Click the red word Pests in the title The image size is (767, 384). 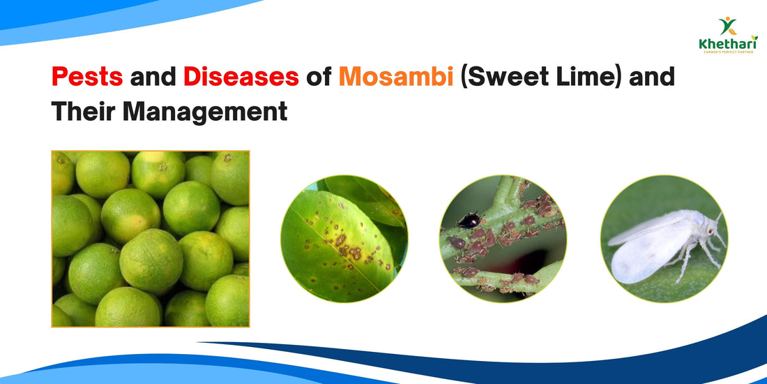tap(86, 76)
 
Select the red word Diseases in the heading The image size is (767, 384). tap(241, 76)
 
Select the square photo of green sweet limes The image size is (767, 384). tap(150, 239)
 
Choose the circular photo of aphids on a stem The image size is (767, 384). tap(503, 239)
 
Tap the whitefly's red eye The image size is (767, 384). tap(710, 228)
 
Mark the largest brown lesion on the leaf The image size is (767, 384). tap(341, 241)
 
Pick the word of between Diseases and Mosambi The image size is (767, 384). tap(318, 76)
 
